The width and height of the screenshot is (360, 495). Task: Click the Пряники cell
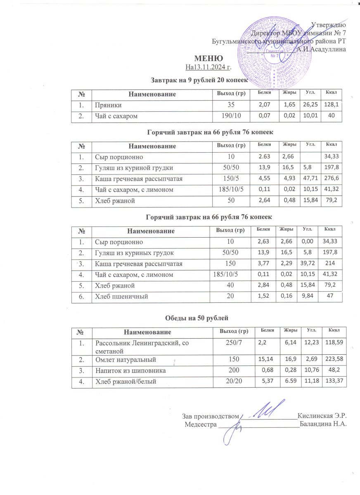pos(107,106)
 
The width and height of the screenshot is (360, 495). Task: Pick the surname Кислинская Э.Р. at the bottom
pos(322,415)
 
